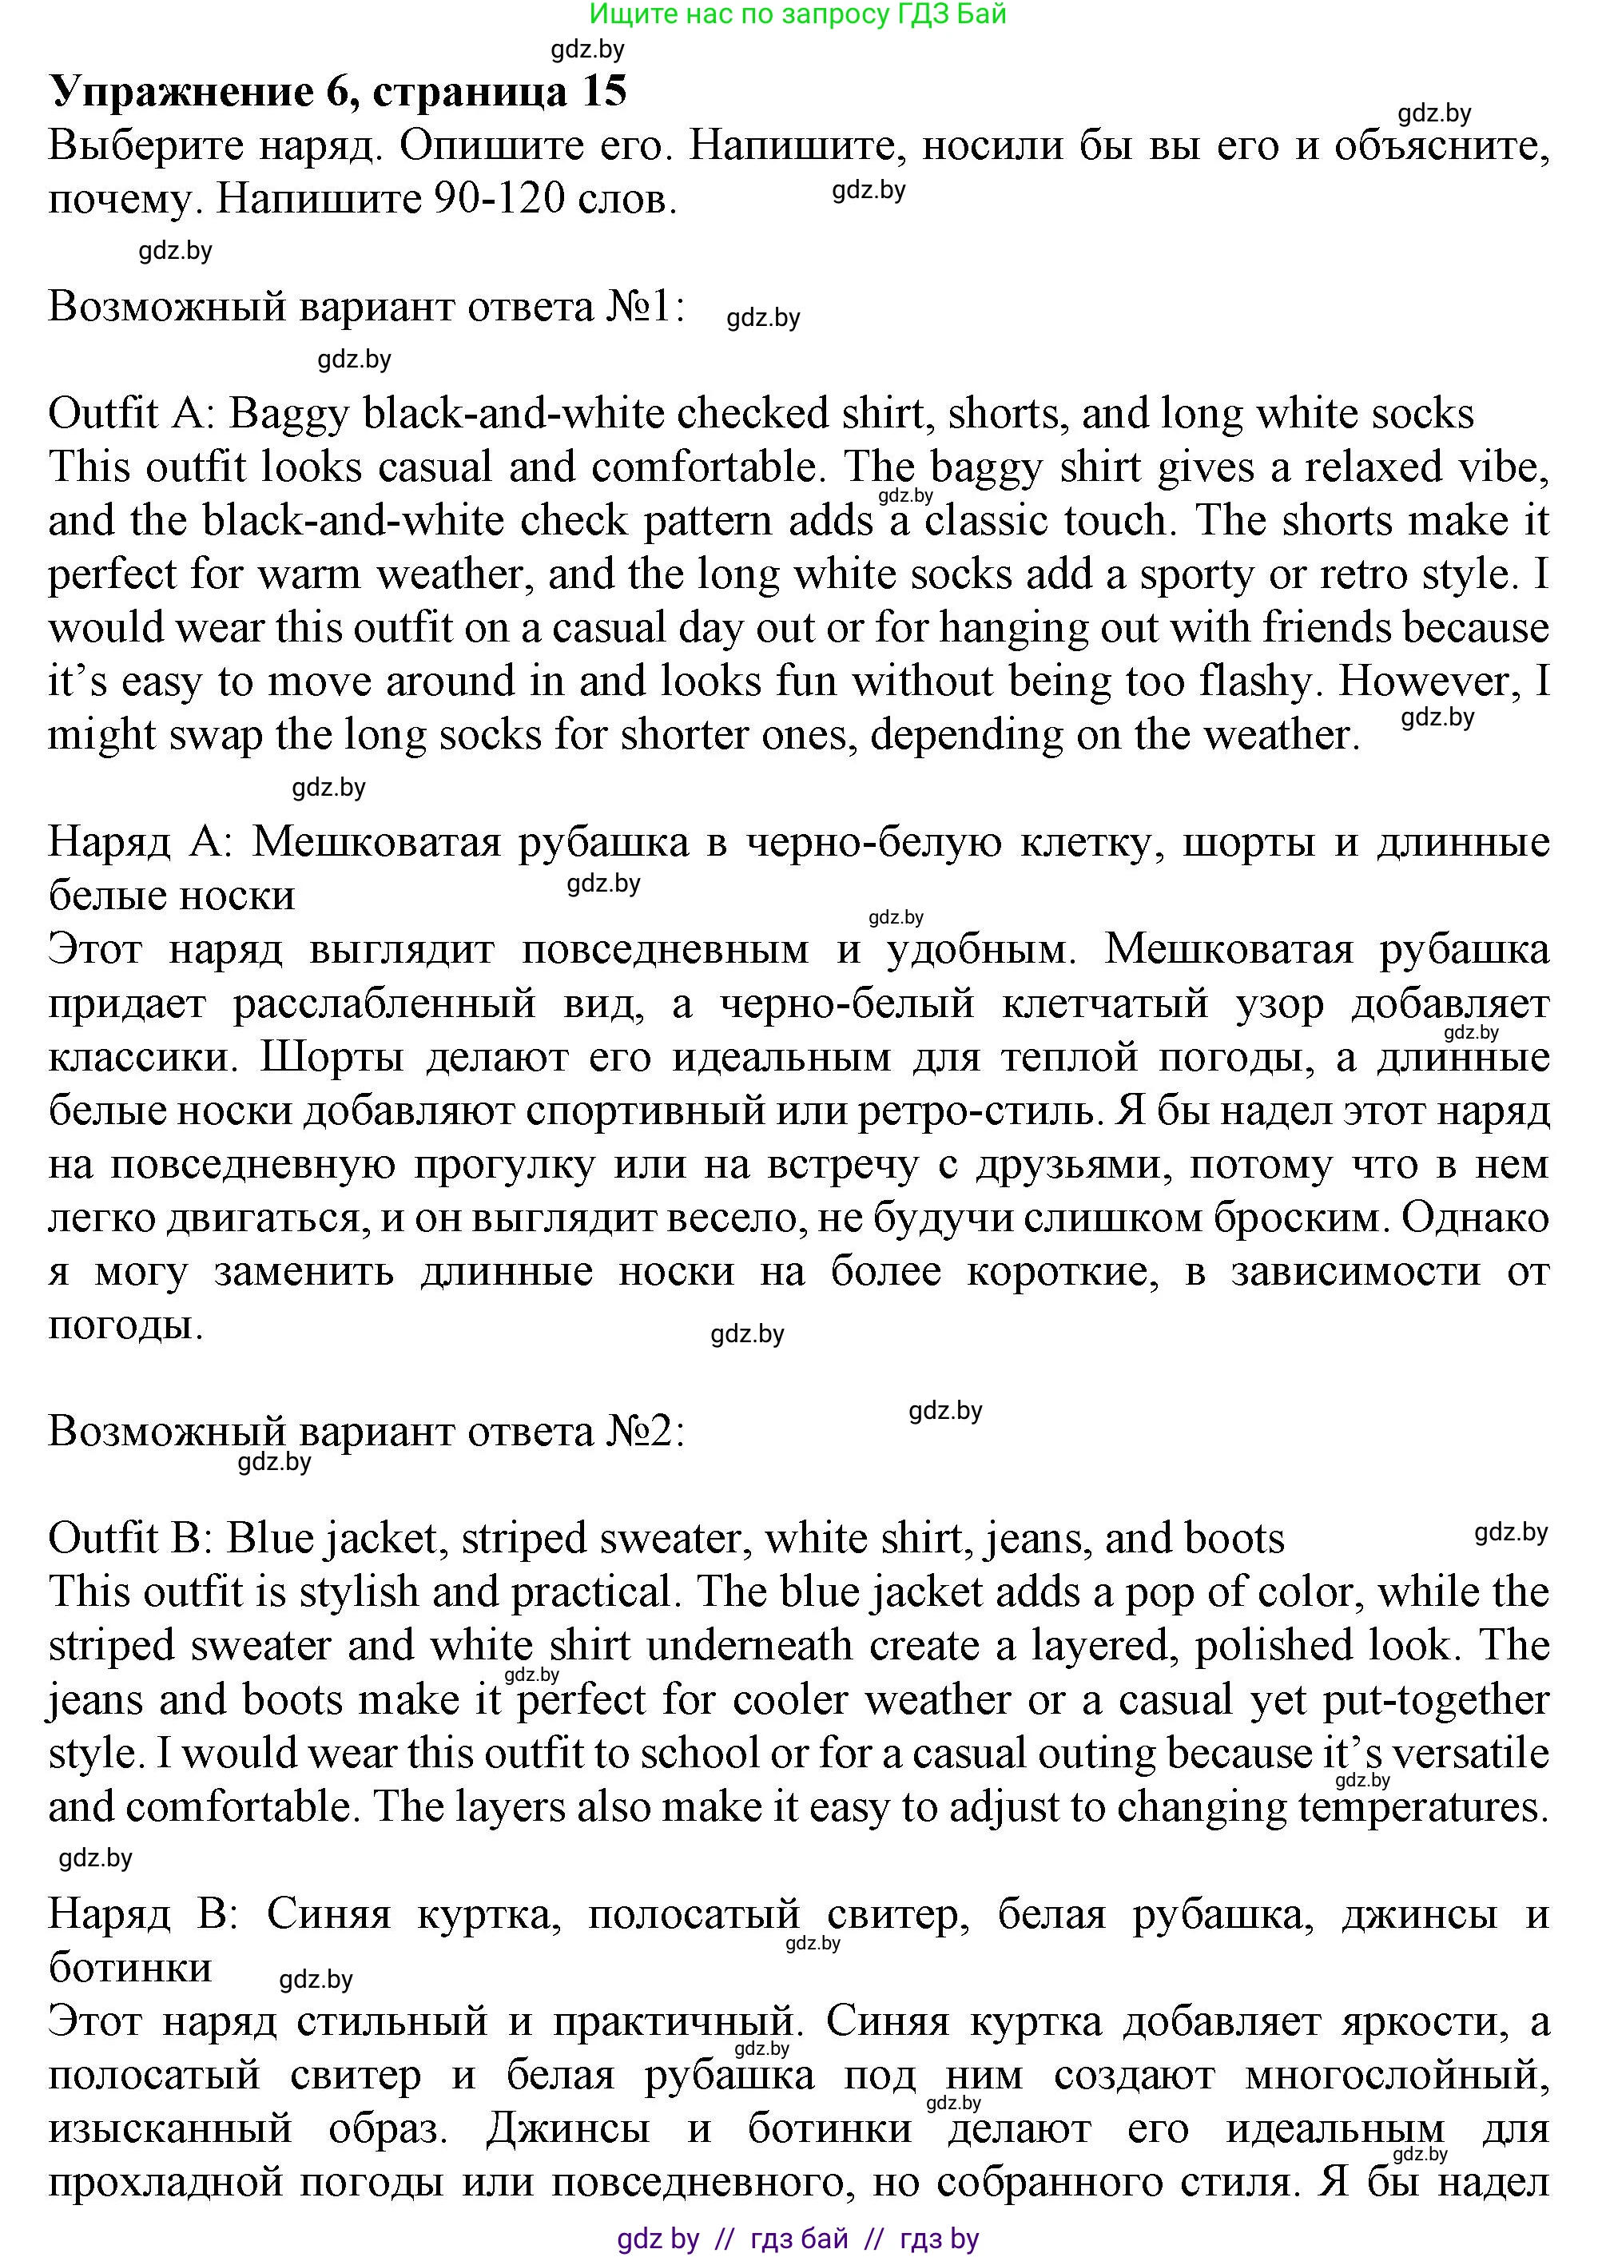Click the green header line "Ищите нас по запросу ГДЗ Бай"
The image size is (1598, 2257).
(798, 14)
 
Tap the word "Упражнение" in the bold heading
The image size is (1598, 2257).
(180, 92)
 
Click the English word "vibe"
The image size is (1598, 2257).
(1501, 467)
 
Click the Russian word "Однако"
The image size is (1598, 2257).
(1476, 1218)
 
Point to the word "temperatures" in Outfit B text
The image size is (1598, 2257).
(1417, 1807)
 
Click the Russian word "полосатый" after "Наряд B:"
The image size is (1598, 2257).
(694, 1913)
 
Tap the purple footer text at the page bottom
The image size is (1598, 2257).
(798, 2239)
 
